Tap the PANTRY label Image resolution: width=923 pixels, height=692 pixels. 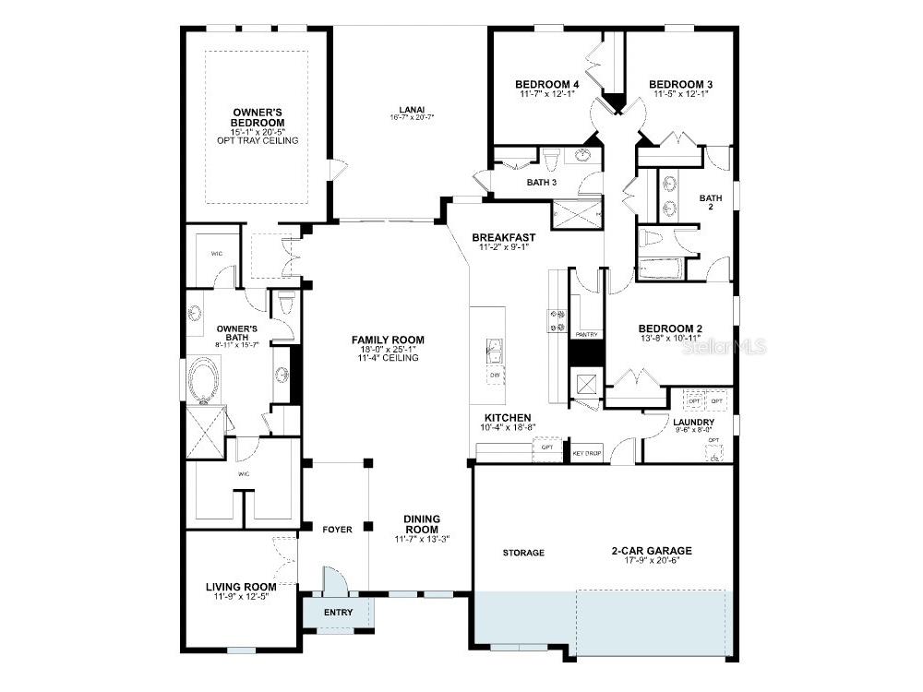(586, 334)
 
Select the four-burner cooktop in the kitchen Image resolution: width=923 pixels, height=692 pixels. (557, 319)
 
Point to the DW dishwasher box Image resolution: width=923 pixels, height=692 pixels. (496, 376)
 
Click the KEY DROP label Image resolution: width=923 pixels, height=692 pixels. (587, 453)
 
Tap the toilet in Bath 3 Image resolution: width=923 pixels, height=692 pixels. (551, 161)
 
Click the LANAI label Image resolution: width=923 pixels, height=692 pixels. (411, 109)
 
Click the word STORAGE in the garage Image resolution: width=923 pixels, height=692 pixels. (523, 553)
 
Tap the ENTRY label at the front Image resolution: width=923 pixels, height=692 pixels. (338, 613)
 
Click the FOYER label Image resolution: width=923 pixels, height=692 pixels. (337, 530)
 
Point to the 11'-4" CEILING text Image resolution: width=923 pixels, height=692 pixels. (388, 358)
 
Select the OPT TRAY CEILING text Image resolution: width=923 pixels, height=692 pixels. (257, 140)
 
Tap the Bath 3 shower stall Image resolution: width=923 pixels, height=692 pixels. (577, 215)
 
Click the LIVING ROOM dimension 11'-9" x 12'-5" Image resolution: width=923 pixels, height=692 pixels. (241, 596)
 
